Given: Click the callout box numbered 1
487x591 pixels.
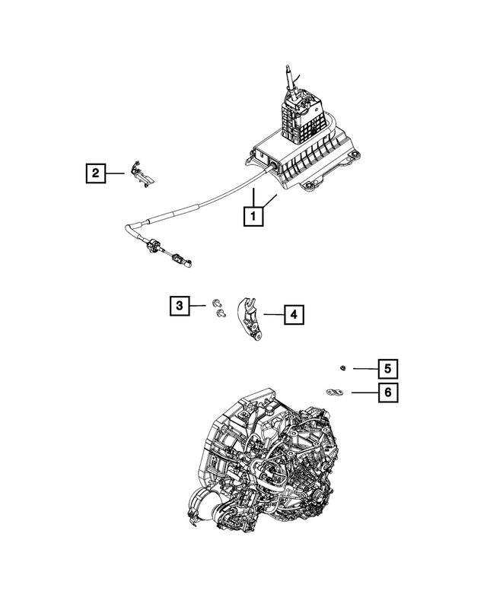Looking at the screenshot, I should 253,217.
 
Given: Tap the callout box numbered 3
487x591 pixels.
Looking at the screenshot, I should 180,306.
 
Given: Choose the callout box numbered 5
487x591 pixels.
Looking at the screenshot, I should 387,369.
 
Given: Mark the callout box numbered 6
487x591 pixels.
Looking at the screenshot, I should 387,392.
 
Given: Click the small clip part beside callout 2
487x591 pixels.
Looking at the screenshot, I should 142,174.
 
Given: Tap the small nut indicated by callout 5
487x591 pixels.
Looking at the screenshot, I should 343,369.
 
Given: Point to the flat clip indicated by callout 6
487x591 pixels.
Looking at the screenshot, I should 333,392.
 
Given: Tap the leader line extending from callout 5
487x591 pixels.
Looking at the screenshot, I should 364,369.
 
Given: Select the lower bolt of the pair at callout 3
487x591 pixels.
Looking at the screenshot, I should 221,312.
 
